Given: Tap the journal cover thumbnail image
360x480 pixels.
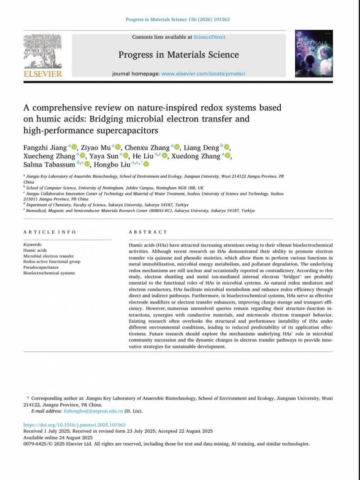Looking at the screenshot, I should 314,54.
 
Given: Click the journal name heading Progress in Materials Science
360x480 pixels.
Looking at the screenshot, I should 179,55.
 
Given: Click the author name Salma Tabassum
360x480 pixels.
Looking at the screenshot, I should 49,164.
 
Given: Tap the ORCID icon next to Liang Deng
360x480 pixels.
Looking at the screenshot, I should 227,147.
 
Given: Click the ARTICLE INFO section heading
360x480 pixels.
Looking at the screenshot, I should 43,232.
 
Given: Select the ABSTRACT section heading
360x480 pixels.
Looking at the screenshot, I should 148,232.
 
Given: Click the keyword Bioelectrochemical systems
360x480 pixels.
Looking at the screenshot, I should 49,273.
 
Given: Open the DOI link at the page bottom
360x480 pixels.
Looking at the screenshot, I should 74,425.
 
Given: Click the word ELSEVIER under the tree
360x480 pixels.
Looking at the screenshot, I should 43,74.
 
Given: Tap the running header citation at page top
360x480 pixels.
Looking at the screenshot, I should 178,19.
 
